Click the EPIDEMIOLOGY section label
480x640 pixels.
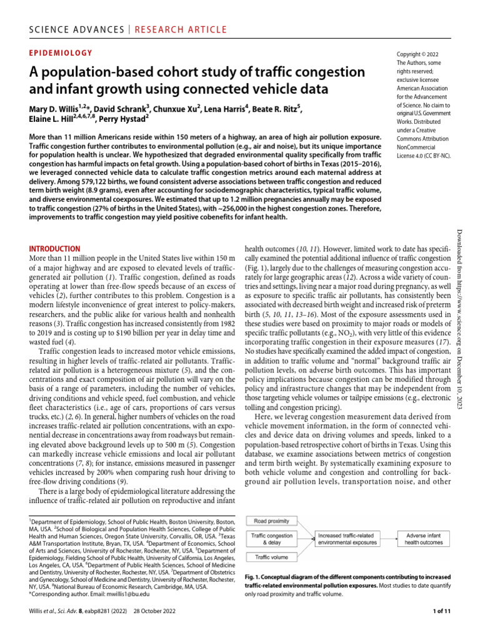coord(61,53)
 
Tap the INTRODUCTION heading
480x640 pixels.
coord(55,248)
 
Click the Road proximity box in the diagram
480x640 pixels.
coord(271,520)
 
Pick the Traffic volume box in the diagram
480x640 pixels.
coord(271,557)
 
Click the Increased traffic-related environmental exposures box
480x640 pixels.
coord(347,539)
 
